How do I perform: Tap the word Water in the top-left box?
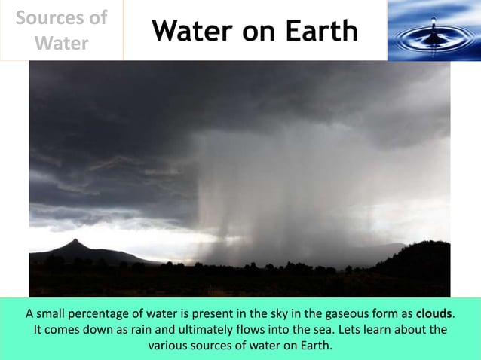pyautogui.click(x=62, y=43)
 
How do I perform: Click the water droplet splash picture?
pyautogui.click(x=434, y=30)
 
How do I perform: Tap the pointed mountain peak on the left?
pyautogui.click(x=74, y=243)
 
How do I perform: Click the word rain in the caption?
pyautogui.click(x=148, y=330)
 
